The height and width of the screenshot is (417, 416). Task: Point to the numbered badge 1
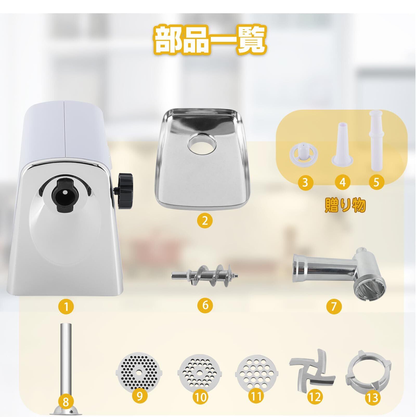[66, 306]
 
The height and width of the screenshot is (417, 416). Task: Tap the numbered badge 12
[315, 397]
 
